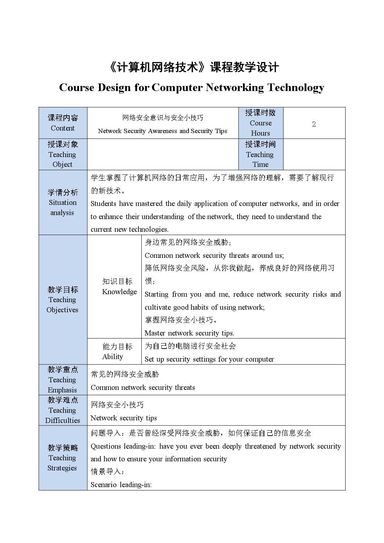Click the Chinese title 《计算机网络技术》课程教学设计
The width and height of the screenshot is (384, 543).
[x=194, y=67]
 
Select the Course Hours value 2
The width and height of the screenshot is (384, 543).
[x=314, y=124]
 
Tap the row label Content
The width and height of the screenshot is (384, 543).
[x=63, y=128]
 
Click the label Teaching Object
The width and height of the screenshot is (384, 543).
[x=62, y=159]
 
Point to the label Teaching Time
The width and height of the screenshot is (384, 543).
[x=260, y=159]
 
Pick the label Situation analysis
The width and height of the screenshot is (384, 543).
[x=63, y=207]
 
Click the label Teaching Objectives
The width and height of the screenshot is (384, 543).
[x=62, y=305]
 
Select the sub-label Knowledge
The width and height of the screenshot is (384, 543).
[x=119, y=292]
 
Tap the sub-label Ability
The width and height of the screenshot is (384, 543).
[x=112, y=357]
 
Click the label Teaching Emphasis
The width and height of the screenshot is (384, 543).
[x=62, y=385]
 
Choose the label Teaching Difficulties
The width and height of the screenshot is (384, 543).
[x=62, y=415]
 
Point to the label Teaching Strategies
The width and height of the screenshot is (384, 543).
[x=62, y=463]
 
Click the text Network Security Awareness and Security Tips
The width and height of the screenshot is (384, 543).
[x=162, y=131]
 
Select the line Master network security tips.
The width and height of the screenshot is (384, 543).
[x=189, y=333]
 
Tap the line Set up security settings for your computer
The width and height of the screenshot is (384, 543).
[x=209, y=359]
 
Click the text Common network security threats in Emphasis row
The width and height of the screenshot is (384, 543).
[x=143, y=387]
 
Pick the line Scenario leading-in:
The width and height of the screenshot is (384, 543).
[x=121, y=485]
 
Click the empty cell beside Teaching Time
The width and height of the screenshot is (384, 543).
[x=314, y=154]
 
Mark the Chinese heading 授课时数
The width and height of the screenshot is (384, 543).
[x=260, y=113]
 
